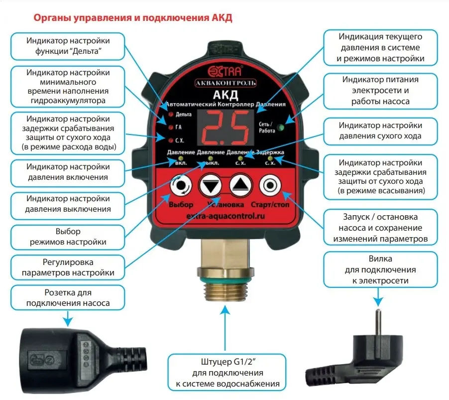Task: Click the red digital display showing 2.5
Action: tap(225, 127)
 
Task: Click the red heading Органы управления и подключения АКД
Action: tap(132, 18)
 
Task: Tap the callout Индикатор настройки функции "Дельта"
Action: tap(68, 46)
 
